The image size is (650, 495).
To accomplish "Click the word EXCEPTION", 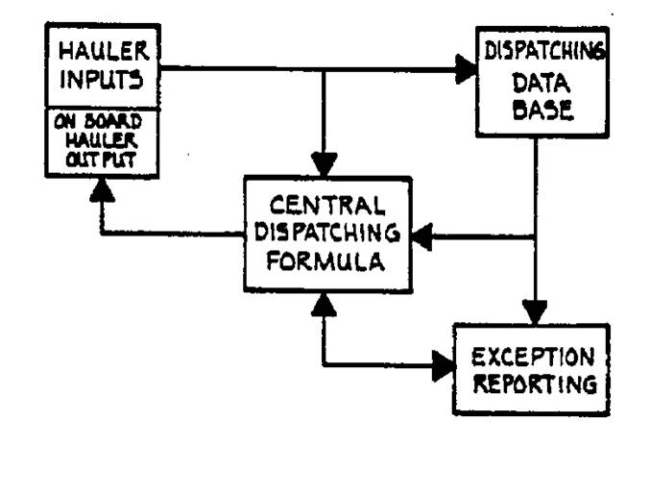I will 532,358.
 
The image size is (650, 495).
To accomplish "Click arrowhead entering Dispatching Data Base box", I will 468,68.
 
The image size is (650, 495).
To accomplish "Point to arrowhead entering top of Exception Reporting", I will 534,311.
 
